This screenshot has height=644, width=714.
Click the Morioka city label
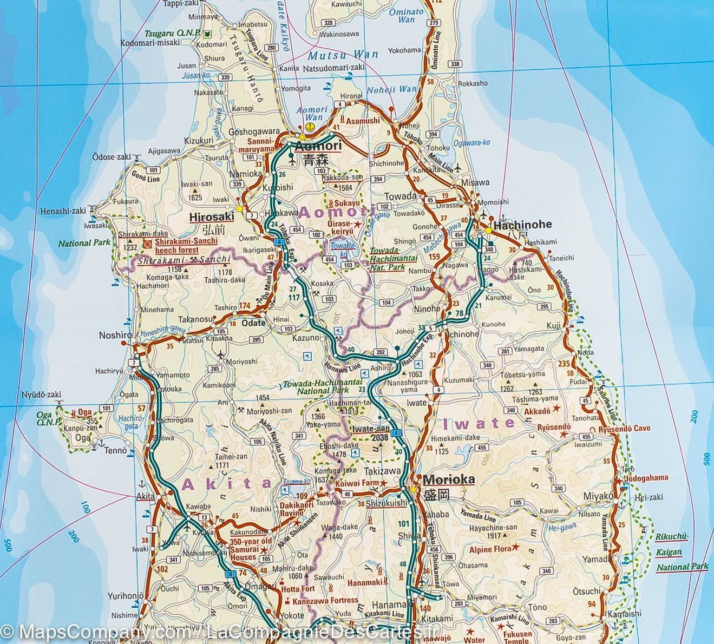point(448,479)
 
